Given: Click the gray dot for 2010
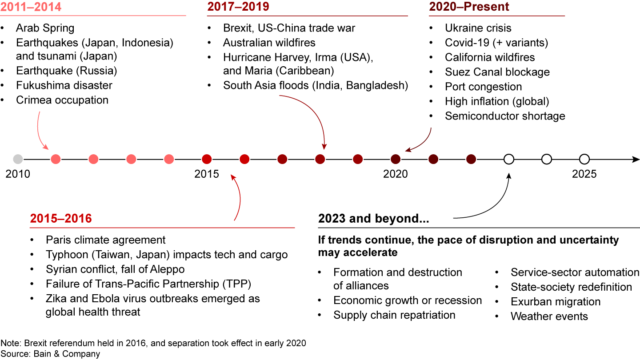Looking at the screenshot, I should (x=18, y=159).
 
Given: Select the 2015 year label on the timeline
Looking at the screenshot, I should (x=207, y=174).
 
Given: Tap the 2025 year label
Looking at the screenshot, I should (x=584, y=174).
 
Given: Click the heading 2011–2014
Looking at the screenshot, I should (x=31, y=7).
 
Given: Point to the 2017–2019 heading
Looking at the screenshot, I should (x=238, y=7).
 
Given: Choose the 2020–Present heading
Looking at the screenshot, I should (x=469, y=7).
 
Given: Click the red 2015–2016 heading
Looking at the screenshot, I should (x=61, y=219).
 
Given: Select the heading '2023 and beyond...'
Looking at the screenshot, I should (x=373, y=219).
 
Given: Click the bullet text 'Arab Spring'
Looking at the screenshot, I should (x=45, y=28).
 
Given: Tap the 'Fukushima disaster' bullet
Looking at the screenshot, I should (x=64, y=85).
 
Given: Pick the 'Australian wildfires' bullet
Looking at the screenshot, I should (x=269, y=43).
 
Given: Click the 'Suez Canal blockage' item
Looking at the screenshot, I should (x=497, y=72).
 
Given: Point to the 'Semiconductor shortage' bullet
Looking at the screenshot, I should (x=505, y=116).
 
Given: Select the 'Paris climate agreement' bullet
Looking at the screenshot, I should (x=105, y=240).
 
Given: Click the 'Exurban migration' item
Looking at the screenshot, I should (x=556, y=302).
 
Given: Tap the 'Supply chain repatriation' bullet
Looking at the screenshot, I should (x=394, y=315).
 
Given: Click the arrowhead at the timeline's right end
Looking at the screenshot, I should (x=636, y=159).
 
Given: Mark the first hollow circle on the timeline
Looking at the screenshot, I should (x=509, y=159).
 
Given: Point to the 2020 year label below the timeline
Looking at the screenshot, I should (x=396, y=174).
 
